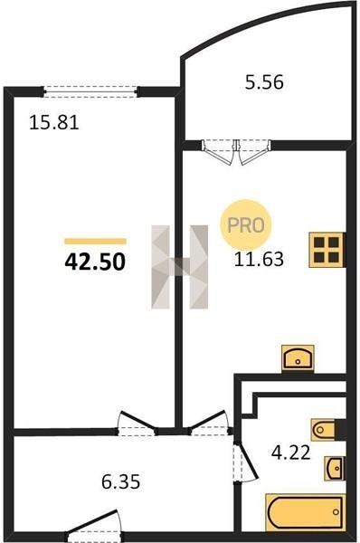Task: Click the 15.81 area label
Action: [54, 122]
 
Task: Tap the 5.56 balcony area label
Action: [264, 82]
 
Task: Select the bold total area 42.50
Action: [95, 262]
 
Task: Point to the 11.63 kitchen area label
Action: [259, 259]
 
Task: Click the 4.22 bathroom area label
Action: [290, 452]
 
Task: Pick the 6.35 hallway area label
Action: [121, 481]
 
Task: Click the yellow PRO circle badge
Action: [246, 225]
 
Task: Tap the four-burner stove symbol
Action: [327, 250]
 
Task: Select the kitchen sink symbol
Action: [298, 358]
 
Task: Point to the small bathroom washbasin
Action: [335, 469]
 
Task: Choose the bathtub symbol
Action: [306, 512]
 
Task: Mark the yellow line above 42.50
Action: [96, 242]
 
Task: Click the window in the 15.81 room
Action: [90, 91]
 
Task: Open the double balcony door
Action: [236, 152]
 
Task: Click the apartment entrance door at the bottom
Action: [93, 525]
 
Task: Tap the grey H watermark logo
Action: [180, 267]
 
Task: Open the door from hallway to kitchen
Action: [208, 424]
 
